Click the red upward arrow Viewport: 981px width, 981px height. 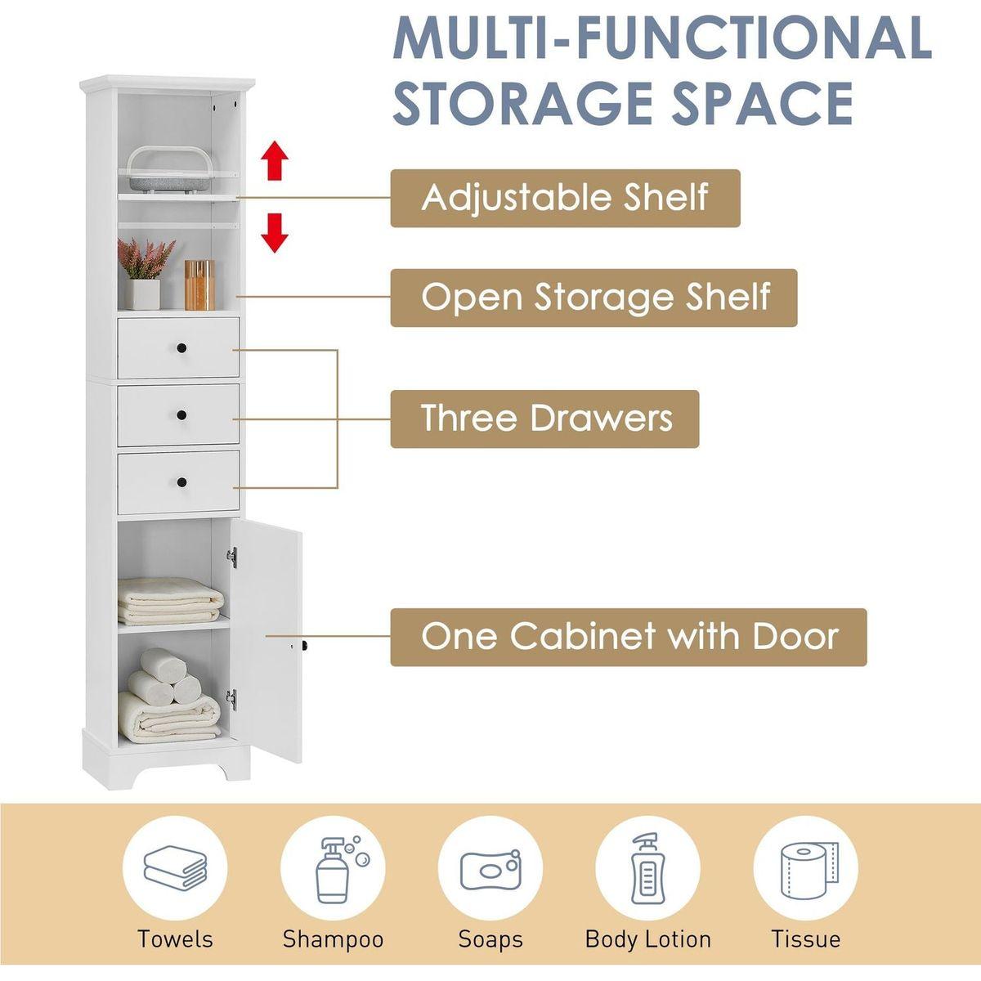pos(276,160)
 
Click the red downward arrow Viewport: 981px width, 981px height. pos(275,232)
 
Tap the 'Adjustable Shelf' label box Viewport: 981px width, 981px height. pos(565,198)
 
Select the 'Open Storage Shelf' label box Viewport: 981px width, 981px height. pos(594,298)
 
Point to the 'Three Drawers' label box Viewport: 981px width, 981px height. pos(544,419)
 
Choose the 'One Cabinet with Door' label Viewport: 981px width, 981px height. pos(628,637)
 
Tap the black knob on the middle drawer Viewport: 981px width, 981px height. pos(179,416)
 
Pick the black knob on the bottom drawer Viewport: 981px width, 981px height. pos(179,482)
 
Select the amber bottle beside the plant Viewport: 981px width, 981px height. pos(199,284)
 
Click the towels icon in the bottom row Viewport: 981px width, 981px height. pos(174,867)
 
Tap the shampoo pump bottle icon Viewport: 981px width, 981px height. pos(333,867)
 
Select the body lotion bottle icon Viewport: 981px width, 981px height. pos(647,867)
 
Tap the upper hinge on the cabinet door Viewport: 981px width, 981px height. pos(232,557)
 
